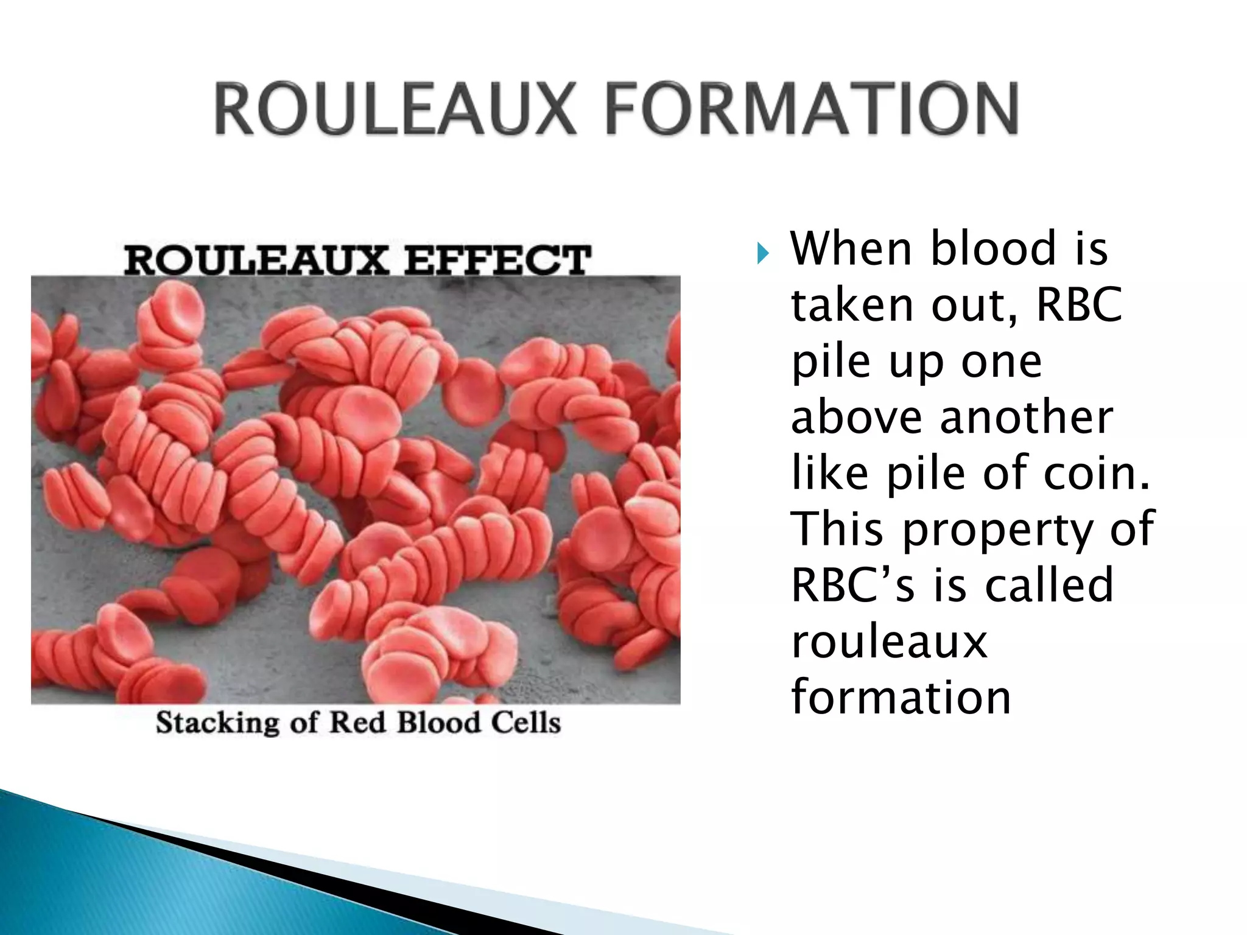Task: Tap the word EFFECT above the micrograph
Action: click(x=497, y=260)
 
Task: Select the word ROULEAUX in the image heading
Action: click(x=256, y=260)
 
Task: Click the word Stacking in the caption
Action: click(x=217, y=723)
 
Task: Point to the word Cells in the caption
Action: click(x=525, y=723)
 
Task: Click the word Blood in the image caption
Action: click(x=438, y=723)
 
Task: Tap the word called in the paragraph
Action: click(x=1049, y=585)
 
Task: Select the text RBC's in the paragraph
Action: click(x=852, y=585)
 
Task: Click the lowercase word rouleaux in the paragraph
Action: click(x=889, y=642)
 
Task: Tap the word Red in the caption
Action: click(x=357, y=723)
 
